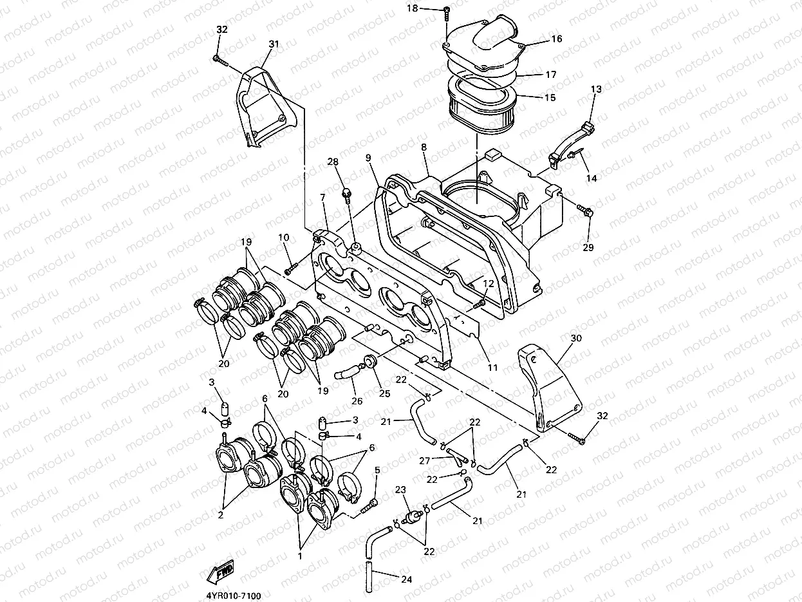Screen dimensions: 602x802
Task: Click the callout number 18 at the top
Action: [x=430, y=8]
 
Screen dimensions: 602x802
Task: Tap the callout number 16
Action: [x=556, y=39]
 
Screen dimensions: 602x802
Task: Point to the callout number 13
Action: [x=595, y=89]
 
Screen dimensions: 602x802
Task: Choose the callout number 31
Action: [x=274, y=44]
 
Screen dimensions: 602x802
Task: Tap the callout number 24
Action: [x=406, y=579]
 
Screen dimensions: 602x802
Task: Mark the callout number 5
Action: [x=377, y=470]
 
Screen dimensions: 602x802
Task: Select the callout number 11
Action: [x=492, y=368]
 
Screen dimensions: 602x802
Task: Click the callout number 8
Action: [x=423, y=147]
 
